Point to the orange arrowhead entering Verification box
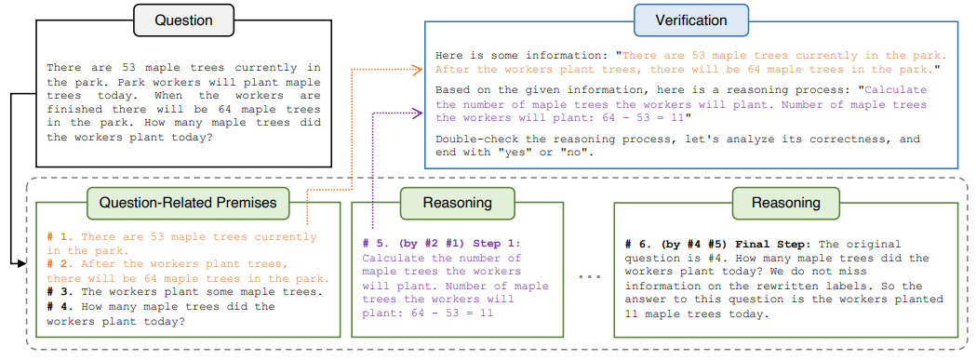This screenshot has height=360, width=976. pyautogui.click(x=420, y=68)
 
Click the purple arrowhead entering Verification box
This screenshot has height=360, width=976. pyautogui.click(x=420, y=113)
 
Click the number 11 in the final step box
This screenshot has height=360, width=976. pyautogui.click(x=633, y=314)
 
